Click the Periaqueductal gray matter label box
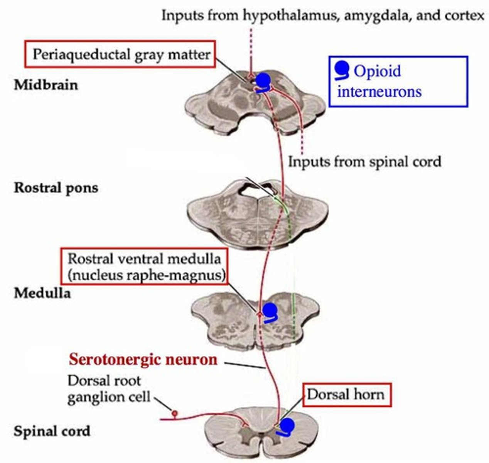(x=120, y=54)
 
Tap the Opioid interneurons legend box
(x=398, y=81)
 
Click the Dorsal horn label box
(x=347, y=395)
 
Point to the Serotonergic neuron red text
(x=143, y=360)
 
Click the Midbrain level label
(x=46, y=84)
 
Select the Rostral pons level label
(x=56, y=188)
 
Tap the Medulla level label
(x=42, y=293)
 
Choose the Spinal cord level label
(x=52, y=431)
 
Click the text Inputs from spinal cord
(x=364, y=161)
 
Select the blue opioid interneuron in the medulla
(x=270, y=311)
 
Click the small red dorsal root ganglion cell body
(x=175, y=414)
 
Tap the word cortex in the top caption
(x=463, y=15)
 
